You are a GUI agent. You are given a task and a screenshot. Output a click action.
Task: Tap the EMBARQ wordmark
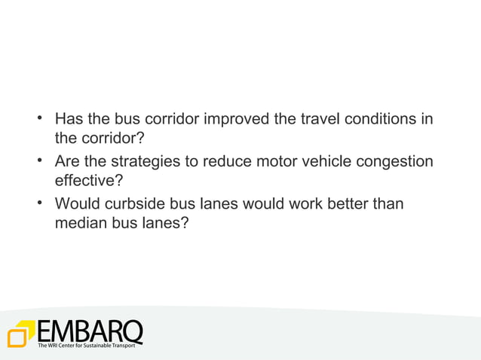(89, 331)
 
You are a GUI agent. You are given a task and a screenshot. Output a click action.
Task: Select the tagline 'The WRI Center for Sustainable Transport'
(87, 346)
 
